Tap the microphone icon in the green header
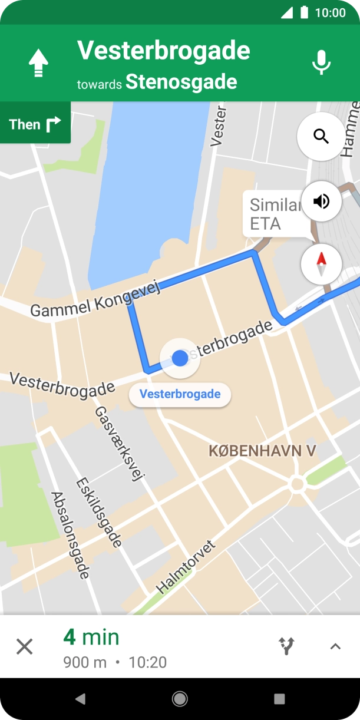pos(321,62)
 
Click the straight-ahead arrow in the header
pos(39,62)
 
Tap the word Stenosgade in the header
pos(181,82)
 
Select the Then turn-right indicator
pos(35,124)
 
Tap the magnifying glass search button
pos(321,137)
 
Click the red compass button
pos(321,264)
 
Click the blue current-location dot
pos(180,358)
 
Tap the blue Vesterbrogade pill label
pos(180,394)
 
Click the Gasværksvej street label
pos(120,444)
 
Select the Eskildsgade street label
pos(99,513)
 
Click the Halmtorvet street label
pos(186,566)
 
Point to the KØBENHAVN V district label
pos(262,451)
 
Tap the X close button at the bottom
pos(24,647)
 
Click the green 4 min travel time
pos(91,637)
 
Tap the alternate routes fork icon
pos(286,646)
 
